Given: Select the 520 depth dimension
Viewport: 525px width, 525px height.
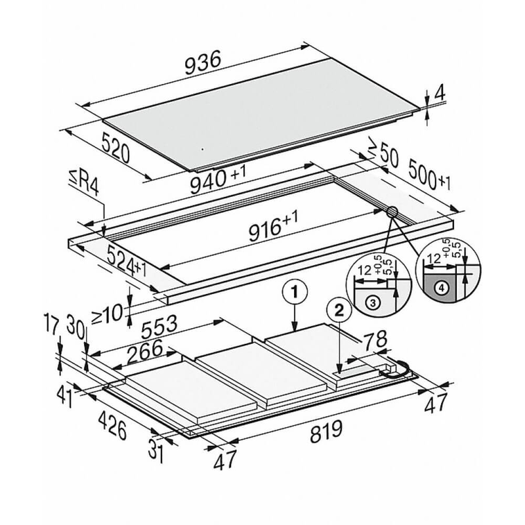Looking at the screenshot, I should pyautogui.click(x=117, y=149).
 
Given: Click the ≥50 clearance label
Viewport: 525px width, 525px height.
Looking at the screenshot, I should pyautogui.click(x=381, y=155).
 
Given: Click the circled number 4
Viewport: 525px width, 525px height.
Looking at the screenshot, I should pyautogui.click(x=442, y=287).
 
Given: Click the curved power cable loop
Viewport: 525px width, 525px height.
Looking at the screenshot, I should pyautogui.click(x=402, y=370).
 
